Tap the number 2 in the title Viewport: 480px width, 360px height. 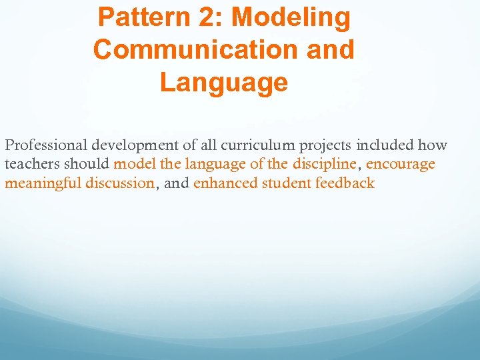pyautogui.click(x=205, y=18)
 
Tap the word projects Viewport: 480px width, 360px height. pyautogui.click(x=326, y=145)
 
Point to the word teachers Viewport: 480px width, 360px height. pyautogui.click(x=32, y=164)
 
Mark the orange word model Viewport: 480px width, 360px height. pyautogui.click(x=135, y=164)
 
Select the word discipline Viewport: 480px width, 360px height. pyautogui.click(x=325, y=164)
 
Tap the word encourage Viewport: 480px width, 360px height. pyautogui.click(x=401, y=164)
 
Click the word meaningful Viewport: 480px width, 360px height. pyautogui.click(x=43, y=183)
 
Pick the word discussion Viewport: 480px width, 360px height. pyautogui.click(x=120, y=183)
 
